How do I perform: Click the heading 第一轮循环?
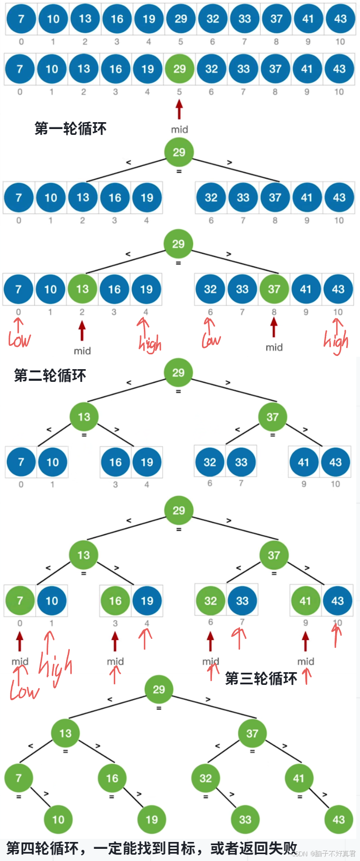[70, 129]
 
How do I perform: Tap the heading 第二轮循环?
[50, 375]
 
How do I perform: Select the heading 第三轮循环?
[261, 679]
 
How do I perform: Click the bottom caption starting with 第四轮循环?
[151, 848]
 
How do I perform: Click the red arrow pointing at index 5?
[179, 109]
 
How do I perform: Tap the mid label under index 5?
[179, 130]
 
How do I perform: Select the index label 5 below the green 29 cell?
[179, 92]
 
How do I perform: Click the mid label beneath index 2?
[82, 351]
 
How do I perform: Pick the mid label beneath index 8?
[274, 347]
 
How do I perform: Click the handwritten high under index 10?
[336, 342]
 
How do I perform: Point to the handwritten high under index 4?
[150, 344]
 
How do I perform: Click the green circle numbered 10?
[58, 820]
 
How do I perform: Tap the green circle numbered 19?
[152, 820]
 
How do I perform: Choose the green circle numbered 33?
[245, 820]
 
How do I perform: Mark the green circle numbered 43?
[338, 820]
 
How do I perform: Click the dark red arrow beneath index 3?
[115, 642]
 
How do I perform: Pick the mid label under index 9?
[305, 662]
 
